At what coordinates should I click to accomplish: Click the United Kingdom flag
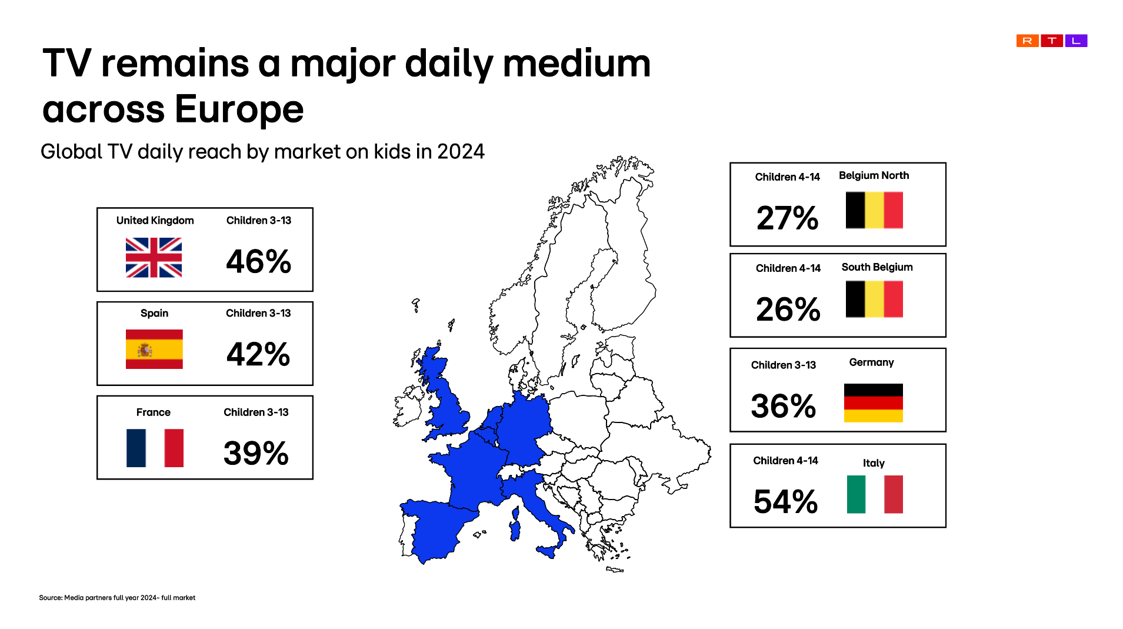154,257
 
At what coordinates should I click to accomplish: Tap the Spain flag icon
154,349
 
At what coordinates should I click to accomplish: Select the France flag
155,448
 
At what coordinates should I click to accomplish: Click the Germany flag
873,402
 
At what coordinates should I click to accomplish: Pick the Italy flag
875,494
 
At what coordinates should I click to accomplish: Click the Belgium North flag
874,210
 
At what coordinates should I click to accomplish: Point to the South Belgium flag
874,299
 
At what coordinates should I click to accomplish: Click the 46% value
259,261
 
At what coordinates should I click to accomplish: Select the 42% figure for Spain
258,354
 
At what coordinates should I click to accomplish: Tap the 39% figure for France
256,453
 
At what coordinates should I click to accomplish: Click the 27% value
787,218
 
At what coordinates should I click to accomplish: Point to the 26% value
788,309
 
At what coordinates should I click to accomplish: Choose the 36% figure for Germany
784,406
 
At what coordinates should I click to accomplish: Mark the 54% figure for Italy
785,501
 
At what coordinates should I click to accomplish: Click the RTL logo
1052,41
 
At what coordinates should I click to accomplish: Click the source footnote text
117,598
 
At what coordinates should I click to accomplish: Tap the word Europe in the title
239,109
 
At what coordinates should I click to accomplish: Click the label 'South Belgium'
877,267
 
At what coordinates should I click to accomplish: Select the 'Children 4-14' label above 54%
785,461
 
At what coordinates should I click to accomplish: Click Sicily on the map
546,552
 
